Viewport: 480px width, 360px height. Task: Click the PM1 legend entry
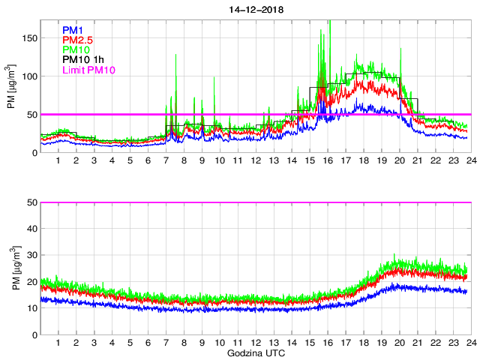click(73, 30)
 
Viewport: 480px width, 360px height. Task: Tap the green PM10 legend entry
click(76, 49)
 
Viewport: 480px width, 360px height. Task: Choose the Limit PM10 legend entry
click(88, 70)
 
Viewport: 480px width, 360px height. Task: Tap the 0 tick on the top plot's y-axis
click(34, 153)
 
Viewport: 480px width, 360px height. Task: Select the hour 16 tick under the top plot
click(328, 161)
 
